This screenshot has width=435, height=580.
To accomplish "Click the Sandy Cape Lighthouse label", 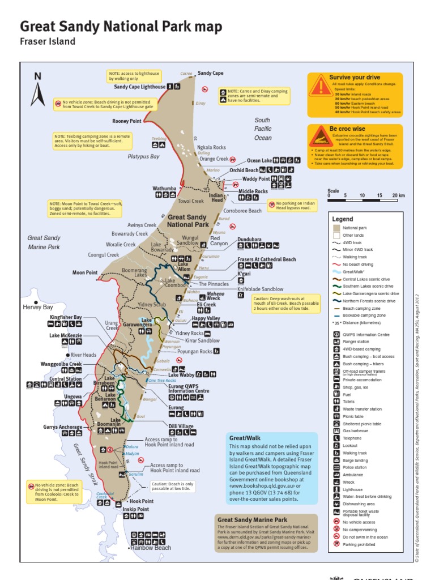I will [x=140, y=87].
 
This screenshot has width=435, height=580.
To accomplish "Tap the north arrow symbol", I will [x=38, y=91].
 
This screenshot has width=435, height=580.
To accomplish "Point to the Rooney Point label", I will [x=126, y=121].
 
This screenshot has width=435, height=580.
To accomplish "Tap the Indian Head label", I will [x=217, y=197].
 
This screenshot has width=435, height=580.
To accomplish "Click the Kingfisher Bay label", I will [x=66, y=317].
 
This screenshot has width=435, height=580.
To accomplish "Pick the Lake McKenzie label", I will [x=66, y=336].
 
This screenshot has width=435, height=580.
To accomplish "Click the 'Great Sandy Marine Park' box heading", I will [x=252, y=519].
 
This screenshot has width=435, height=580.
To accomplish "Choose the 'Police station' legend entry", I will [x=355, y=467].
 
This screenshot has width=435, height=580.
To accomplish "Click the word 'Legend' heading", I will [x=343, y=219].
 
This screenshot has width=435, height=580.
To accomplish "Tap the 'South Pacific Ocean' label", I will [x=263, y=129].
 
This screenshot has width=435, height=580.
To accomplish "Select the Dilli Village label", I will [x=181, y=426].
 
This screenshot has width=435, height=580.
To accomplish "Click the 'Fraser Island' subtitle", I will [x=48, y=41].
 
